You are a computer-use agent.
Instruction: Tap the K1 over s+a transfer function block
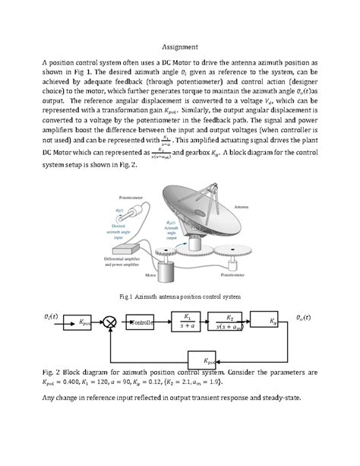click(x=187, y=321)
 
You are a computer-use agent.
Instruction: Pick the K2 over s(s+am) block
click(x=229, y=321)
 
